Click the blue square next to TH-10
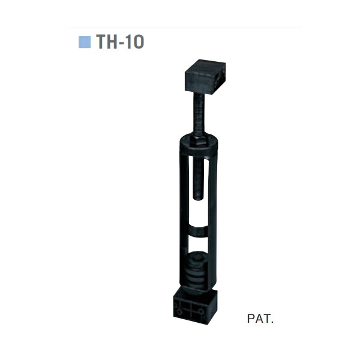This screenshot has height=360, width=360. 85,42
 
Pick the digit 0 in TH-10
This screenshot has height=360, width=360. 139,41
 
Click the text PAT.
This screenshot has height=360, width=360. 260,319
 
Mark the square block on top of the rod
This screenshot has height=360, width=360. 205,77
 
